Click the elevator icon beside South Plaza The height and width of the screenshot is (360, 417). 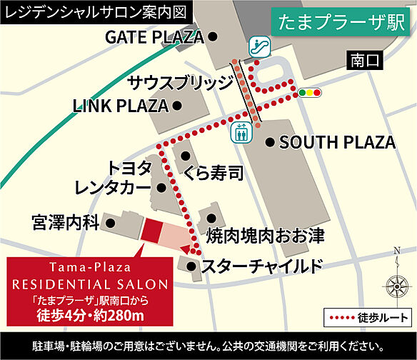(x=240, y=131)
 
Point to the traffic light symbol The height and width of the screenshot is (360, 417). (x=309, y=93)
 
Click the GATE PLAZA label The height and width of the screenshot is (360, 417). (x=154, y=36)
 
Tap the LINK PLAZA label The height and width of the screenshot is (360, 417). (x=121, y=106)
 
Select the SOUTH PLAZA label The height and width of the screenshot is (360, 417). (x=337, y=143)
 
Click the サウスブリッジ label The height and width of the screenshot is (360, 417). (x=181, y=82)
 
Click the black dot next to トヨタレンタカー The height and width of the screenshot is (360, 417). (x=162, y=188)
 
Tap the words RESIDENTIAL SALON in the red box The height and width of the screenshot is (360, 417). (x=89, y=283)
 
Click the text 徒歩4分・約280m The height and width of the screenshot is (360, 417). (x=90, y=314)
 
